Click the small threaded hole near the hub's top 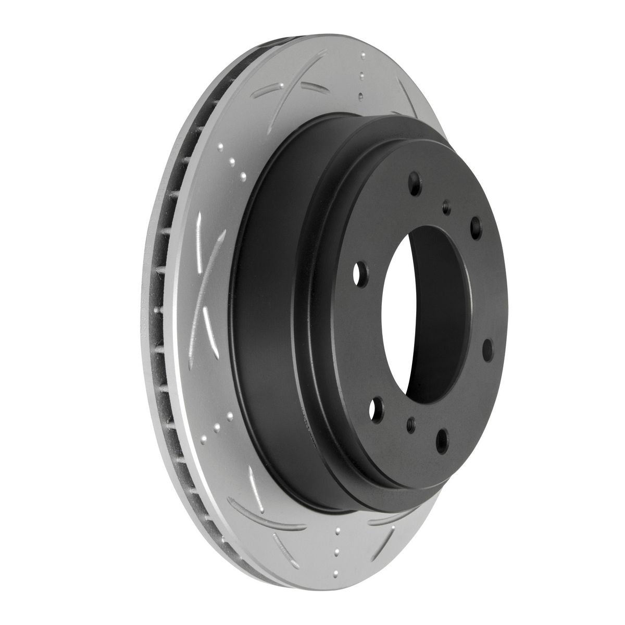[446, 207]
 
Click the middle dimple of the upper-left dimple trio [231, 159]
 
